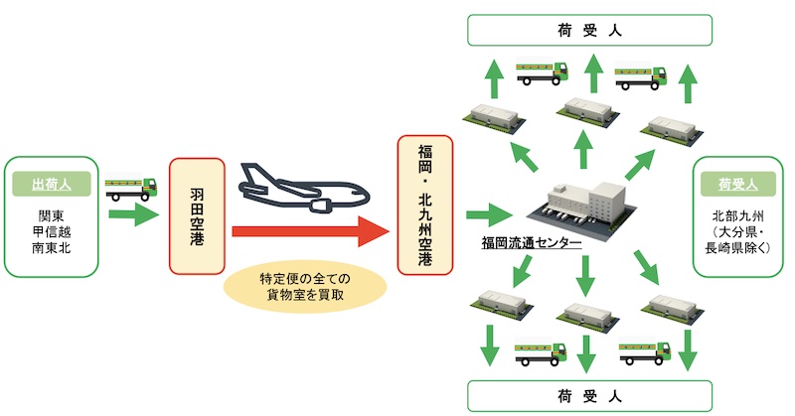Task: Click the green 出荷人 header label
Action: (52, 184)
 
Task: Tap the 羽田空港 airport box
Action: (197, 216)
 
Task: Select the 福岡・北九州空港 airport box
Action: (425, 206)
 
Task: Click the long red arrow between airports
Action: (310, 231)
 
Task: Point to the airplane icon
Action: (304, 187)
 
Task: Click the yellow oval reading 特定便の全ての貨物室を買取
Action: (305, 286)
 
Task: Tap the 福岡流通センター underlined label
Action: (532, 243)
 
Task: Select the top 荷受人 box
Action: (589, 31)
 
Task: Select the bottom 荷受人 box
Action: (589, 396)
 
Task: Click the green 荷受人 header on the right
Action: (737, 184)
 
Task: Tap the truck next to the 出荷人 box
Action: (131, 187)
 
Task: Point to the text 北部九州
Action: (737, 216)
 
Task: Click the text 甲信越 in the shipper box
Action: (52, 232)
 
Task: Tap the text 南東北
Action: (52, 248)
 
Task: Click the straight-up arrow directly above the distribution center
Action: (583, 149)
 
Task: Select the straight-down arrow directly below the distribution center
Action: (585, 276)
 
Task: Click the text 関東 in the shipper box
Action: (52, 215)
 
